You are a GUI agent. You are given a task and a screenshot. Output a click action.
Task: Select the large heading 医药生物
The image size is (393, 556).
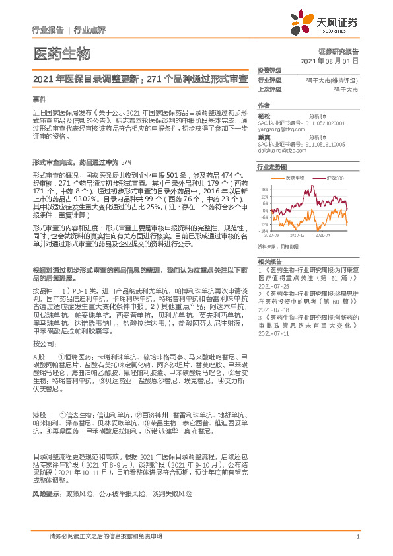60,53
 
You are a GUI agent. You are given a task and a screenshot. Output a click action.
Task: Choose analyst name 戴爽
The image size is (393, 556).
264,137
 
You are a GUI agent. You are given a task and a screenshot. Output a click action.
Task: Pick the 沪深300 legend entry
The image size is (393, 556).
335,178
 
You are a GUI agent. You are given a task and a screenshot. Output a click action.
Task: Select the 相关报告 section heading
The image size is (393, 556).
269,261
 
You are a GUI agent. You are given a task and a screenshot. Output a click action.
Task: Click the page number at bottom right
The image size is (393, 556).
357,537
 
